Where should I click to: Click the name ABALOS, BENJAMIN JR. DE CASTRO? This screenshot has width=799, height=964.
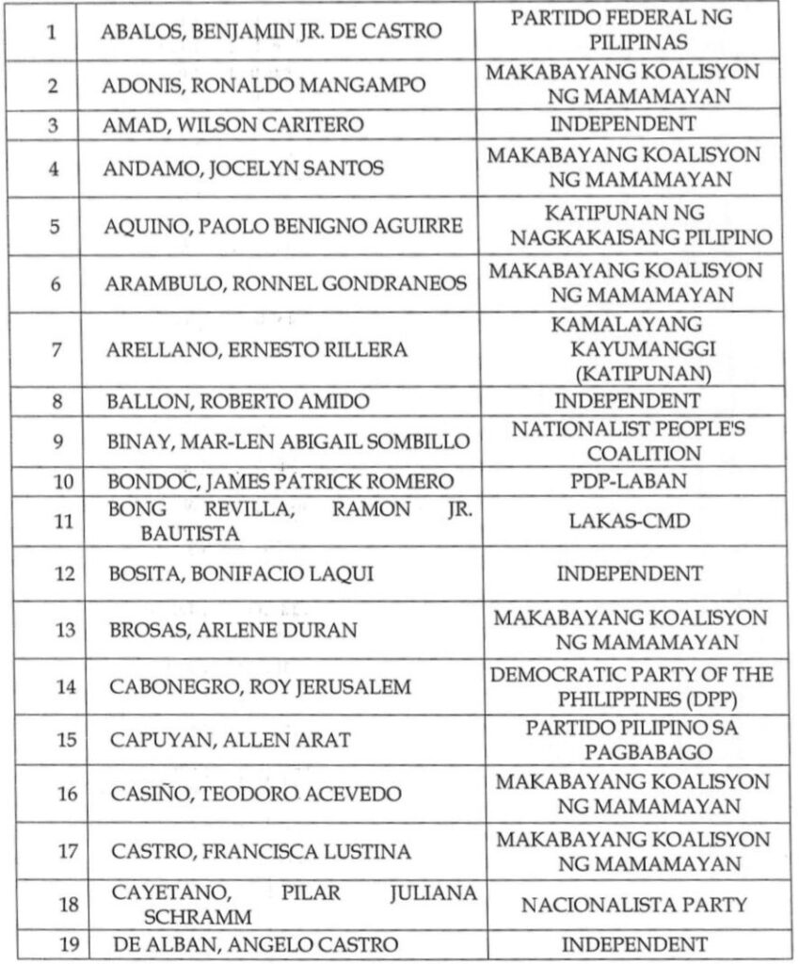pyautogui.click(x=272, y=31)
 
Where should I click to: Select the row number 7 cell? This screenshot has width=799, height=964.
pyautogui.click(x=53, y=350)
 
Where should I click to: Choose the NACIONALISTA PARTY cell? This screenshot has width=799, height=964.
pyautogui.click(x=628, y=906)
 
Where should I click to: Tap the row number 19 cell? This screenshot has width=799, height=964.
pyautogui.click(x=53, y=944)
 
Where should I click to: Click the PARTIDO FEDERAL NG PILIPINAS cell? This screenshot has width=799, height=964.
pyautogui.click(x=628, y=31)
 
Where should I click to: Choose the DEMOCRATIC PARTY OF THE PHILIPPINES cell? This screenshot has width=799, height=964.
pyautogui.click(x=628, y=687)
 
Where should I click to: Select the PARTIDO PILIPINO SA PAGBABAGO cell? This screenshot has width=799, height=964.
pyautogui.click(x=628, y=741)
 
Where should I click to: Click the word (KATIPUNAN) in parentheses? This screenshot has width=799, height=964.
pyautogui.click(x=628, y=374)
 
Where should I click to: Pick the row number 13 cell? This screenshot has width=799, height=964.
pyautogui.click(x=53, y=631)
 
